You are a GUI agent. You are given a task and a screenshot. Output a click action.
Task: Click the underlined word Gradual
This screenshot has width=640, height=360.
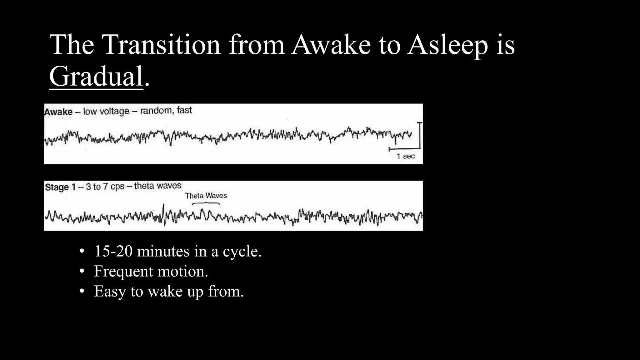point(96,77)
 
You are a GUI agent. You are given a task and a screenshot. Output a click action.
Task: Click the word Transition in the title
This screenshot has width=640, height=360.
point(161,45)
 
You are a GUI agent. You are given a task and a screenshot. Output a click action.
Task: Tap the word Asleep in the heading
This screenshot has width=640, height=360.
point(447,45)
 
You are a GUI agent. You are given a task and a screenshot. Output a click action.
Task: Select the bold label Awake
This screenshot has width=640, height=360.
point(58,112)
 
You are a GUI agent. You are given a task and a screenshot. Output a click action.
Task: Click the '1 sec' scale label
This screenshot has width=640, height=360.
point(406,156)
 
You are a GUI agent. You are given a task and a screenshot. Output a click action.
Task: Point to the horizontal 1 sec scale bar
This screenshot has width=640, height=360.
point(404,149)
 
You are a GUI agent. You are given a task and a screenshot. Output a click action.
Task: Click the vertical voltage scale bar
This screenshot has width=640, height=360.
point(420,135)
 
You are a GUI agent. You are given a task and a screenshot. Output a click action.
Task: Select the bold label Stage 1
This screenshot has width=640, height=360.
point(60,187)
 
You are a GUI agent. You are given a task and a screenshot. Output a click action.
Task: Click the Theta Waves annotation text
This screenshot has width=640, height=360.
point(206,196)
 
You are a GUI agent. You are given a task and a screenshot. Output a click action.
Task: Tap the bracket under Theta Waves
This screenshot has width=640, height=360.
point(206,203)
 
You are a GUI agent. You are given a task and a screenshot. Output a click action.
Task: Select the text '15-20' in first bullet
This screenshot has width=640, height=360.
point(113,251)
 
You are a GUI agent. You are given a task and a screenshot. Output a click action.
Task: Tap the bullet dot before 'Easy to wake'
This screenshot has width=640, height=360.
point(82,291)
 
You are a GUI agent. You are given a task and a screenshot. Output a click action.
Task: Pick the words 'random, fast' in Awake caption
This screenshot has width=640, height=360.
point(166,110)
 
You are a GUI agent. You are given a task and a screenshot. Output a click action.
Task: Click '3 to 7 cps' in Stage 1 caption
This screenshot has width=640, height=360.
point(105,187)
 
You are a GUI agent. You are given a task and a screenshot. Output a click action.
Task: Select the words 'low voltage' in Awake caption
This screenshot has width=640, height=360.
point(106,111)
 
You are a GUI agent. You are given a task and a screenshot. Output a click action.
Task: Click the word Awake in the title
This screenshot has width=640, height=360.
point(331,45)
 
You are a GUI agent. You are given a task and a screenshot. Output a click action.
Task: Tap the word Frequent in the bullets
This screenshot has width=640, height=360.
point(123,271)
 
